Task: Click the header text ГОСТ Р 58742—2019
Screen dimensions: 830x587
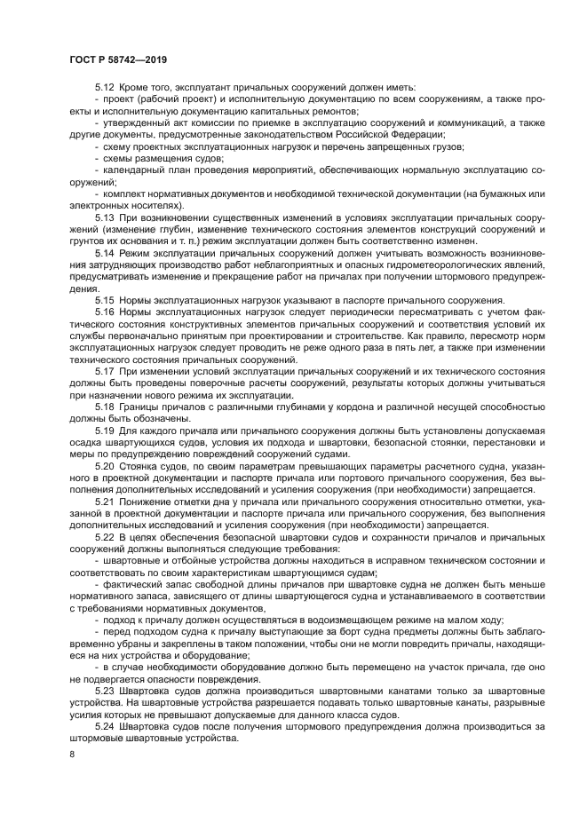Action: pos(118,60)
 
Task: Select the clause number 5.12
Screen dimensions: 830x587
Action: pos(105,87)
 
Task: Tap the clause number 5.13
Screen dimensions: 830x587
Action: pos(105,217)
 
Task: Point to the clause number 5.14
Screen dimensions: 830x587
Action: pos(105,253)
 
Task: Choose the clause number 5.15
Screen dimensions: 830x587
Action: pos(105,300)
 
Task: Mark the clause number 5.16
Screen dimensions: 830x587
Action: pos(105,312)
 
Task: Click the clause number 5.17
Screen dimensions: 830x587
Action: pos(105,370)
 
